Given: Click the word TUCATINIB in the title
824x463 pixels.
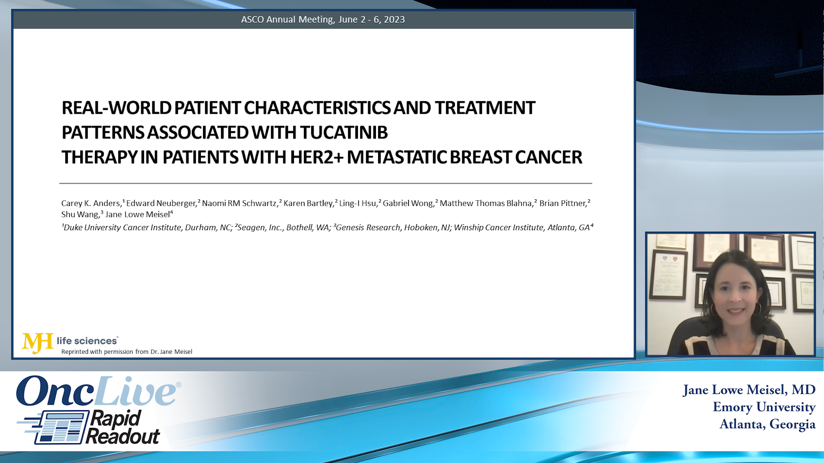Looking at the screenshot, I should click(x=344, y=132).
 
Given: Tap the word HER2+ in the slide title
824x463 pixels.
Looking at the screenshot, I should click(x=317, y=157).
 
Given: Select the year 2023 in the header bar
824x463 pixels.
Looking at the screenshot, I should click(x=394, y=20).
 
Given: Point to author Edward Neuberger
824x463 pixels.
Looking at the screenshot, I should click(x=161, y=203).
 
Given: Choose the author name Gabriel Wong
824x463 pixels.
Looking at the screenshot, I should click(x=408, y=203).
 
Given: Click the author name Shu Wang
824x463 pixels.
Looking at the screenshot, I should click(x=80, y=214).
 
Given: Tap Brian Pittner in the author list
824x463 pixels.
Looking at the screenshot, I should click(x=563, y=203).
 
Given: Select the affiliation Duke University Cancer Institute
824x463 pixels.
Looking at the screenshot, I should click(x=122, y=228).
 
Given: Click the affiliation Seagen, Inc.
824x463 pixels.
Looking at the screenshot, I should click(x=260, y=228).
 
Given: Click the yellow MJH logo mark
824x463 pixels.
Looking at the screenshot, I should click(x=38, y=343).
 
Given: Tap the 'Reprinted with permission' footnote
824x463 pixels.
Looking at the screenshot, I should click(x=127, y=352).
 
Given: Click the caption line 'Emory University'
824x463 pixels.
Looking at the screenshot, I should click(x=764, y=407).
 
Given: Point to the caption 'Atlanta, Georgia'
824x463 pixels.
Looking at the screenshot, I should click(x=767, y=424).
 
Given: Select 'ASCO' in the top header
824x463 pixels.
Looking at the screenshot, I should click(x=252, y=20).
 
